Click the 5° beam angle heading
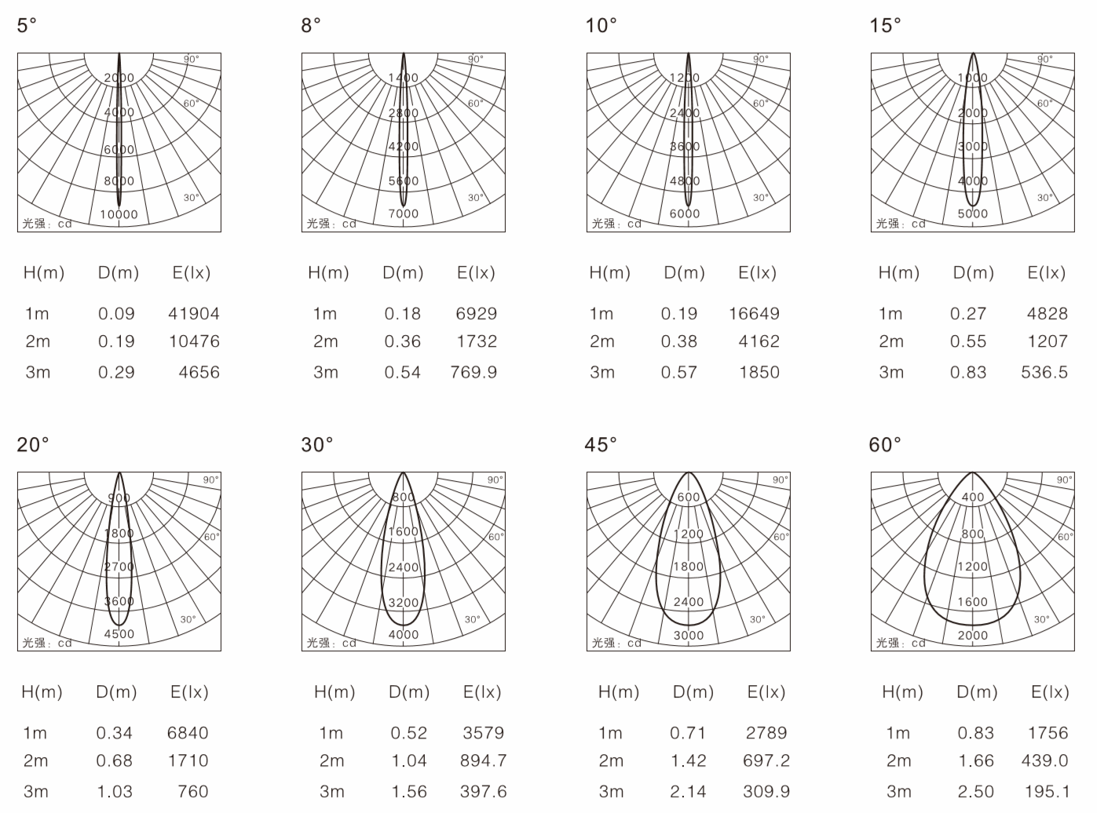27,25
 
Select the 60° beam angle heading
885,445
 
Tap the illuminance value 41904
194,313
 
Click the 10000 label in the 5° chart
119,214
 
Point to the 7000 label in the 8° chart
404,213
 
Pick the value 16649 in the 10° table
755,313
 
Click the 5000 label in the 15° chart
973,213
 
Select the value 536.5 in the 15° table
1044,372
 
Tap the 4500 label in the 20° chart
119,633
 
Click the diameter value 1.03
115,791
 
